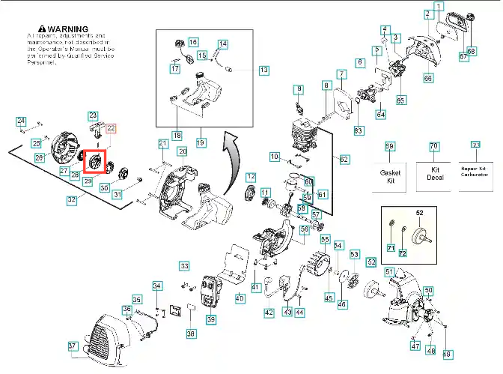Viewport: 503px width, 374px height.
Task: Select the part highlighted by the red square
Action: pyautogui.click(x=97, y=160)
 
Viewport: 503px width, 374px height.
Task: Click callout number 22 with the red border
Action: pyautogui.click(x=111, y=129)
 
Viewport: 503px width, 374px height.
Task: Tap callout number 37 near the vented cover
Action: pyautogui.click(x=72, y=346)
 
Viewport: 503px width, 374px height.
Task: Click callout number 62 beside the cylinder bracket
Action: pyautogui.click(x=344, y=159)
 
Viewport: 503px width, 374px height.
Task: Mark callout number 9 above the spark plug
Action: pyautogui.click(x=299, y=90)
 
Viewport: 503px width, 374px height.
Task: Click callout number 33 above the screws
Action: pyautogui.click(x=184, y=265)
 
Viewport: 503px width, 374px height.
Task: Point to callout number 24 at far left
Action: pyautogui.click(x=22, y=121)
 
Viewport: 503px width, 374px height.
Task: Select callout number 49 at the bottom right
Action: pyautogui.click(x=448, y=354)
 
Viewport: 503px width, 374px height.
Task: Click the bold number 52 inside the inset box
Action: pyautogui.click(x=420, y=213)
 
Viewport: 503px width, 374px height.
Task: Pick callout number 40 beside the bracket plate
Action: pyautogui.click(x=240, y=298)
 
